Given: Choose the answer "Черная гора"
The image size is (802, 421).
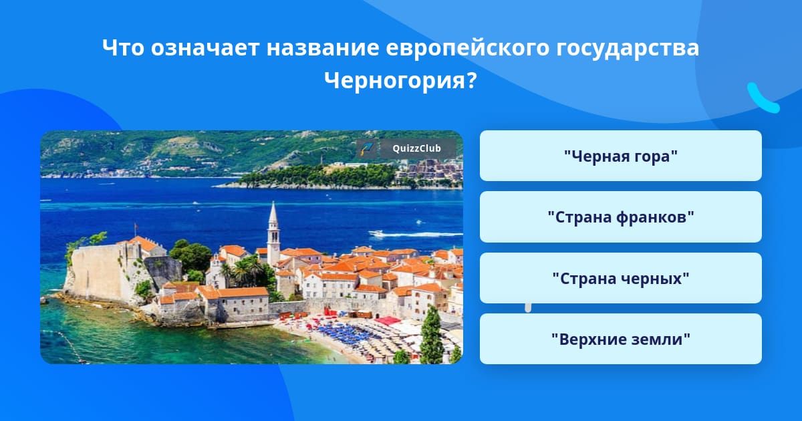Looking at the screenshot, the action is [620, 156].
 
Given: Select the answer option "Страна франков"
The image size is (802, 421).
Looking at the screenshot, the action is [620, 217].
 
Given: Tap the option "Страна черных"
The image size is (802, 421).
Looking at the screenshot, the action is [620, 278].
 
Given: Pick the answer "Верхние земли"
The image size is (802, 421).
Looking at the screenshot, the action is [620, 339].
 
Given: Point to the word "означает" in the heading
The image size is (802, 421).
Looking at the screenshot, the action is [205, 47].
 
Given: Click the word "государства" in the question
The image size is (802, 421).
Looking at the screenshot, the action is [628, 48].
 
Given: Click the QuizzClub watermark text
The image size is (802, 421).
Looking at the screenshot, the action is [417, 148].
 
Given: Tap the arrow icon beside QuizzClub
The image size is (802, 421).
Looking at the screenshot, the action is [367, 149].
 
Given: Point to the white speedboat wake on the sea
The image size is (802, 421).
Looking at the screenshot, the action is [415, 234].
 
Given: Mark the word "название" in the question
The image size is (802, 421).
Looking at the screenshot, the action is [323, 47].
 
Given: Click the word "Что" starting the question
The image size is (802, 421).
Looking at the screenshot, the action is [123, 47].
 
